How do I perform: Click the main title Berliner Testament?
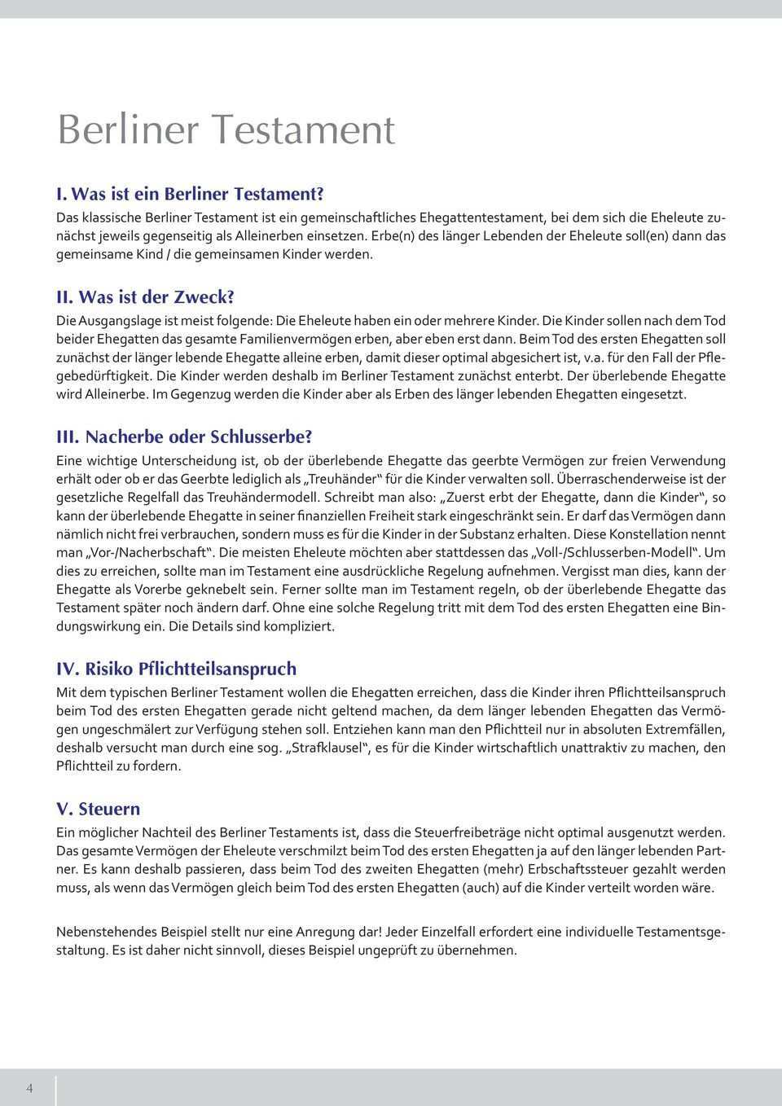226,129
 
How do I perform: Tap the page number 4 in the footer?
29,1088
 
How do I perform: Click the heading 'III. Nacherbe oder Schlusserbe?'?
184,437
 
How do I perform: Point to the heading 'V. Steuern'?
98,809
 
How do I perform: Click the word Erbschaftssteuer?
622,869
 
